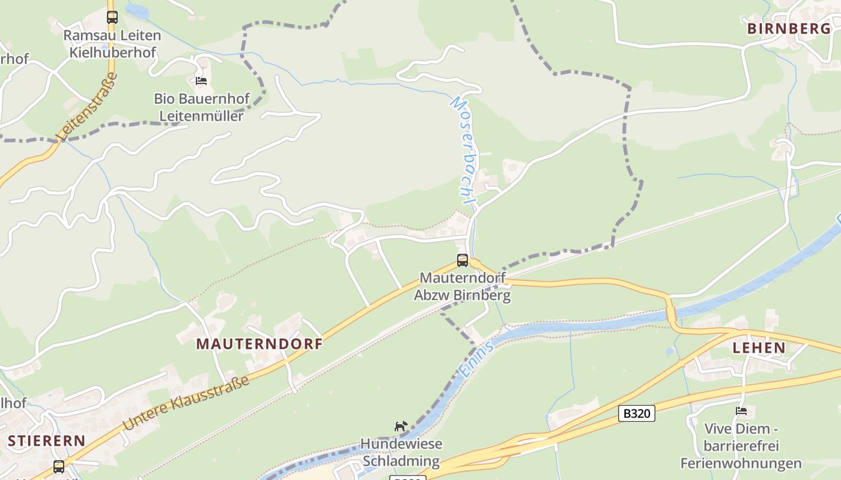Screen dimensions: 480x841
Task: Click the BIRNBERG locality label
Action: click(789, 28)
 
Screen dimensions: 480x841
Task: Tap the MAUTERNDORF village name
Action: click(260, 344)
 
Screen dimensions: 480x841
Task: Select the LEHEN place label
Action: click(759, 347)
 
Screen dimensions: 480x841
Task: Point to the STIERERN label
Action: click(46, 440)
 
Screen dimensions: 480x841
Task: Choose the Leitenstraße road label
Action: click(88, 107)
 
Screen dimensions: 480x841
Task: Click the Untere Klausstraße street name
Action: click(186, 403)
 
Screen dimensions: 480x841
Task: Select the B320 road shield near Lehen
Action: click(636, 413)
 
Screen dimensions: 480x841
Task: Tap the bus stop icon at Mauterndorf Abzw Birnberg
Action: click(462, 260)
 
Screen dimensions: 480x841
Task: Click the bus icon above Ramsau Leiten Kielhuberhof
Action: click(112, 17)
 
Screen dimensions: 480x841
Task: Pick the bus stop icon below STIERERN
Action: click(58, 466)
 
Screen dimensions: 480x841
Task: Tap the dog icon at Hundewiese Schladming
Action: click(401, 427)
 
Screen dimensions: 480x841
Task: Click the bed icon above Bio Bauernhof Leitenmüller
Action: click(201, 80)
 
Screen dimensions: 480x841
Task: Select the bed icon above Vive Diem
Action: click(741, 411)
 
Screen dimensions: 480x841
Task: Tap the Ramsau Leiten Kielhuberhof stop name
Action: click(112, 44)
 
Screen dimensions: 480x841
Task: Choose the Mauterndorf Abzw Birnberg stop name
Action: click(462, 286)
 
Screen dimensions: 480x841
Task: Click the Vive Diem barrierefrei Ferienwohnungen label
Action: click(741, 446)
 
